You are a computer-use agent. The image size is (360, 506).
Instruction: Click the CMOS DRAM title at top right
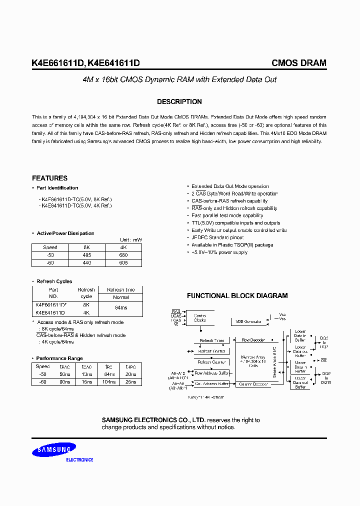click(298, 63)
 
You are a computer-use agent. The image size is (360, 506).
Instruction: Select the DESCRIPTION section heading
click(179, 101)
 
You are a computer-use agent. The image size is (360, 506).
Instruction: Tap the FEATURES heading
click(49, 178)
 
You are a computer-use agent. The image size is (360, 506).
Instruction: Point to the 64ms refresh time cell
click(120, 308)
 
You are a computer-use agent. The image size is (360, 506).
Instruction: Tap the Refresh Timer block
click(212, 340)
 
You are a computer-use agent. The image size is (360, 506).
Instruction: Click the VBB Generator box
click(248, 321)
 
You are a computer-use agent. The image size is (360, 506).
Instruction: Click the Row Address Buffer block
click(212, 373)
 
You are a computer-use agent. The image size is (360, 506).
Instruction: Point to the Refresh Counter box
click(212, 361)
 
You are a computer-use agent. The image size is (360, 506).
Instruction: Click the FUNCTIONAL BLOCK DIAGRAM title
click(237, 296)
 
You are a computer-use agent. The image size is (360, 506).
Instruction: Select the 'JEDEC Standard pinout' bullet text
click(217, 237)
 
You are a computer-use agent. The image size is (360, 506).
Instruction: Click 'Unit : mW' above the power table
click(131, 240)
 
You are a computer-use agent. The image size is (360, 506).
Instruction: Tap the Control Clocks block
click(199, 318)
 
